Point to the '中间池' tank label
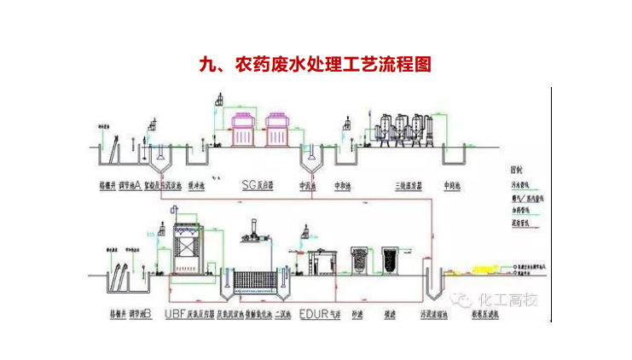click(454, 184)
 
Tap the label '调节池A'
click(129, 184)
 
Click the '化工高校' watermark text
click(509, 299)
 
